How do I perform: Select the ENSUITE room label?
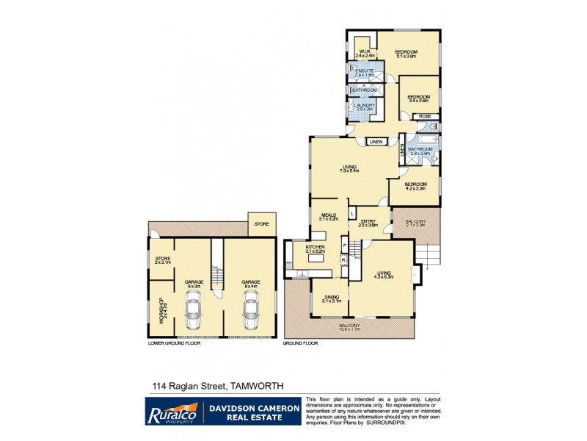coord(365,72)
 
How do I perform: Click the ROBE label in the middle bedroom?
coord(424,116)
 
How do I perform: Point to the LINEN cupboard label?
coord(376,141)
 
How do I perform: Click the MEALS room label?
coord(327,217)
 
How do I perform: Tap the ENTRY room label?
coord(368,222)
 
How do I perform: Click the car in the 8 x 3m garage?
coord(194,309)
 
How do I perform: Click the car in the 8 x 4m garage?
coord(252,309)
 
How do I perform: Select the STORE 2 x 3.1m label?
coord(162,260)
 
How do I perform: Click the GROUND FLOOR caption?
coord(300,343)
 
